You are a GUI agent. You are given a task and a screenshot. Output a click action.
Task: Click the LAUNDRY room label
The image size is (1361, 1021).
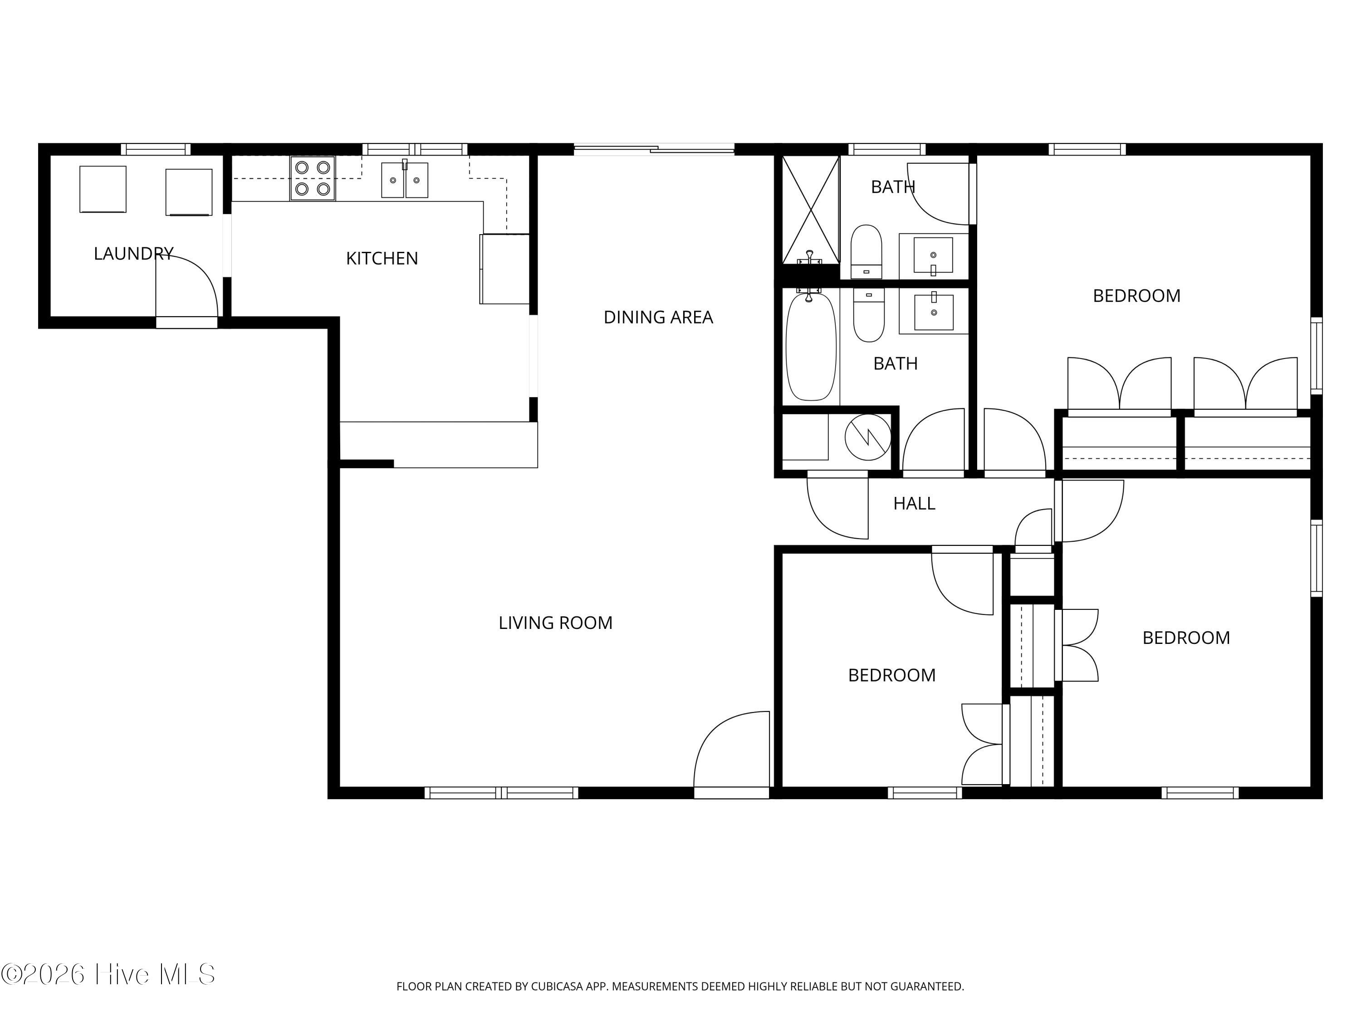(133, 254)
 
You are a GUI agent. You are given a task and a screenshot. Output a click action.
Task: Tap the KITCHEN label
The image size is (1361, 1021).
(382, 259)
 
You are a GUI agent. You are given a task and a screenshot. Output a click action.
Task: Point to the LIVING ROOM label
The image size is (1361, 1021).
(556, 623)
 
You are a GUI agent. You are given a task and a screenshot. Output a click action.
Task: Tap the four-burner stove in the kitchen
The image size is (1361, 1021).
(313, 178)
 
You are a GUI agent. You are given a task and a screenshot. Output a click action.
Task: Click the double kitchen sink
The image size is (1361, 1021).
(404, 179)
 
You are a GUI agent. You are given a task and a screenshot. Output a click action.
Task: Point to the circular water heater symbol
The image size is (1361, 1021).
(867, 437)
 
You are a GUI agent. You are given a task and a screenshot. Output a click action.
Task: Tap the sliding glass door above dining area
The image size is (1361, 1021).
(654, 148)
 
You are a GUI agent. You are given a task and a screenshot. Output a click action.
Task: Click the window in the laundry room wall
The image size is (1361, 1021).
(156, 149)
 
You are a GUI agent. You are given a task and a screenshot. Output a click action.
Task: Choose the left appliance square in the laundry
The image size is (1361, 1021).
(103, 190)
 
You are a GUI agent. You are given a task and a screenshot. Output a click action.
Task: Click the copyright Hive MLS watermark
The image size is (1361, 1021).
(108, 974)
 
